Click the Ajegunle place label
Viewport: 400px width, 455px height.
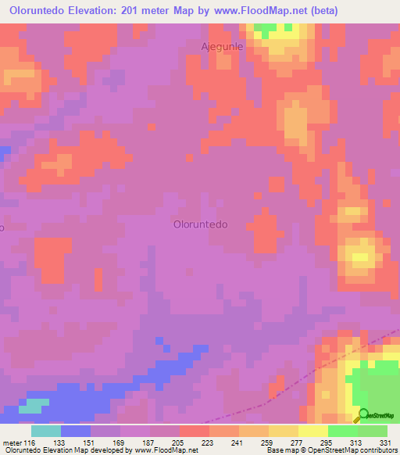pyautogui.click(x=223, y=47)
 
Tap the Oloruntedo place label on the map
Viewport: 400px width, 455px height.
pyautogui.click(x=200, y=224)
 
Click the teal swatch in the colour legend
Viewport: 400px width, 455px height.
pyautogui.click(x=46, y=431)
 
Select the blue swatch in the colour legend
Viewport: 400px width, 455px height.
pyautogui.click(x=76, y=431)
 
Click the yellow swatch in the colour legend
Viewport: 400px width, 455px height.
pyautogui.click(x=313, y=431)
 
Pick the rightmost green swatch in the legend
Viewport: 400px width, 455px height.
pyautogui.click(x=373, y=431)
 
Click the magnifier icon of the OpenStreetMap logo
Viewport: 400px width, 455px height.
pyautogui.click(x=364, y=416)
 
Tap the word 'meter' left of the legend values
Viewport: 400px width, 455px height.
pyautogui.click(x=11, y=442)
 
